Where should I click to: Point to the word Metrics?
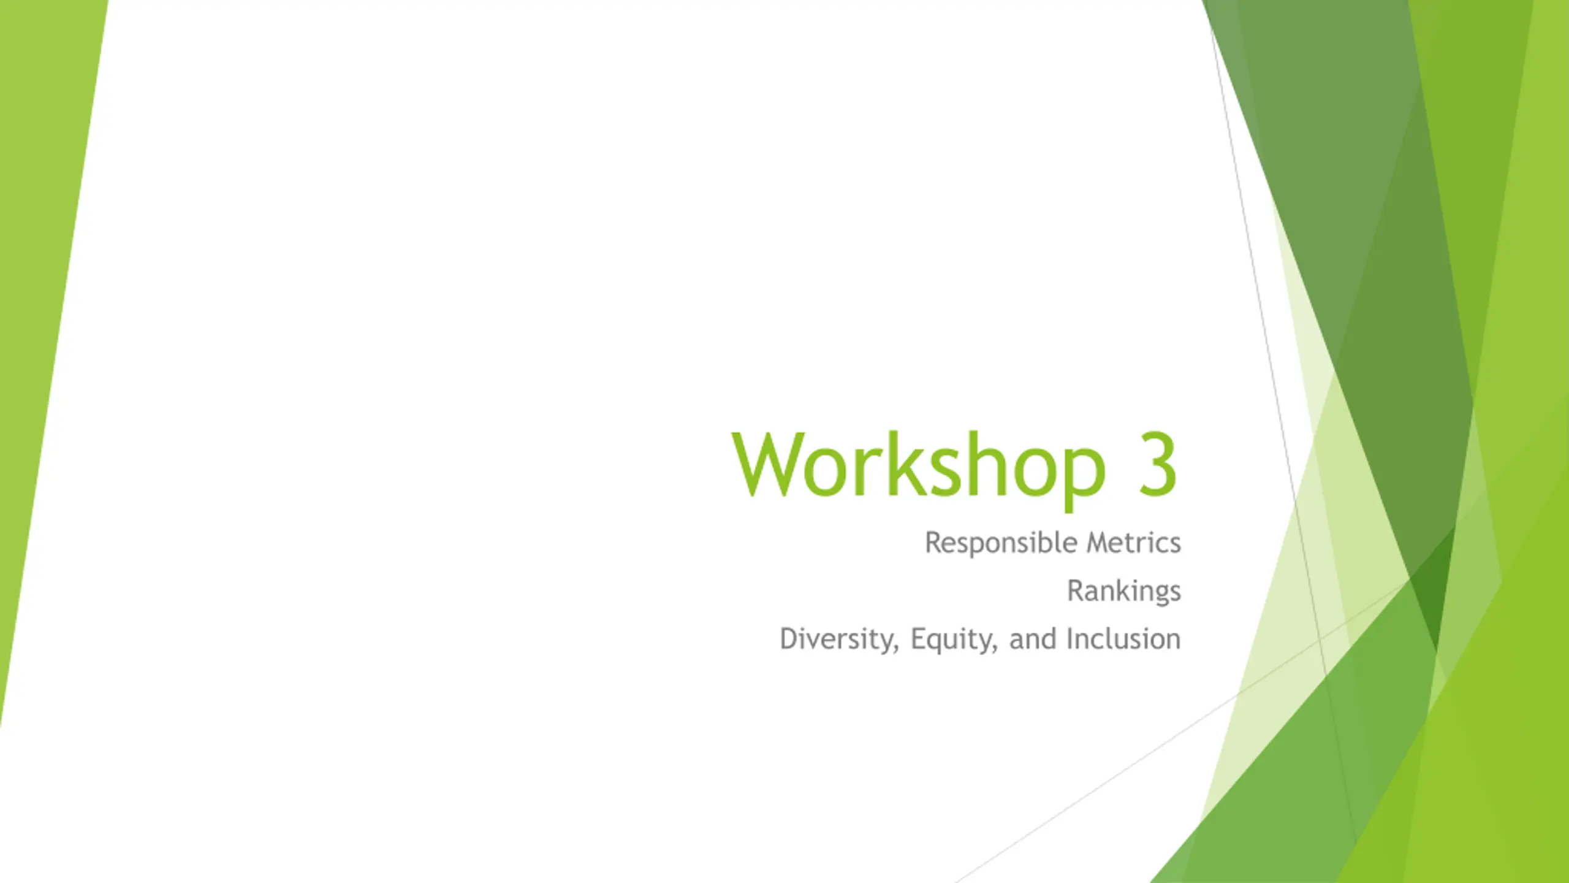1133,543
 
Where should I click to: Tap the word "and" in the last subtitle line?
1033,640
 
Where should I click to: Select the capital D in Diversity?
790,639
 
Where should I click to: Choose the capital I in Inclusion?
1070,639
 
